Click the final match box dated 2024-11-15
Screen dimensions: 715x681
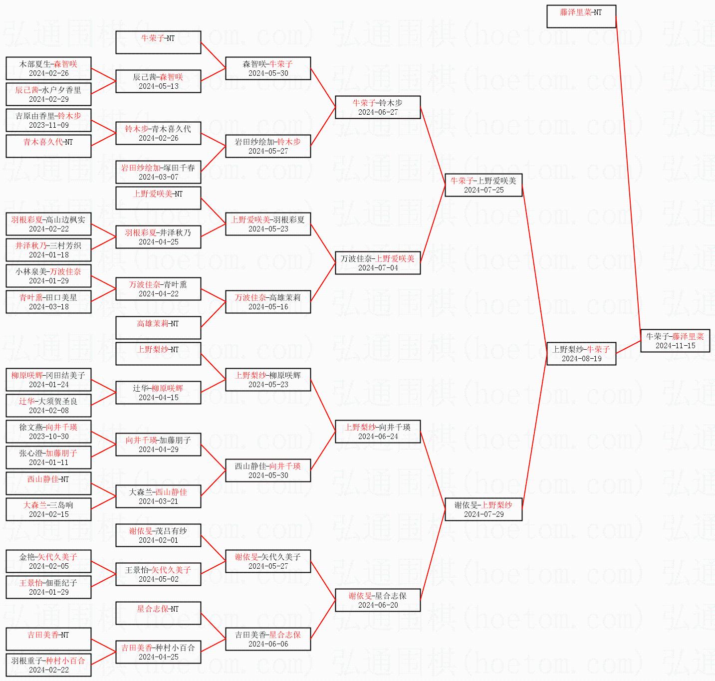tap(675, 341)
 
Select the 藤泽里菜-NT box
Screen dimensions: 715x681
tap(581, 16)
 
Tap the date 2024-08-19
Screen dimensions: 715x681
tap(581, 359)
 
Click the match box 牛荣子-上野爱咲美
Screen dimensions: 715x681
tap(483, 185)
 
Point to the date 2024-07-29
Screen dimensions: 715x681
tap(483, 514)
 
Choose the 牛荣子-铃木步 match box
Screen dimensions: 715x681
tap(377, 107)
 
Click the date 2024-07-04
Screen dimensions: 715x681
tap(378, 268)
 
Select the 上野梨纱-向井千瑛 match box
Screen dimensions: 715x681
tap(377, 432)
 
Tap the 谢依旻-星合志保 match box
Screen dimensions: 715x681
tap(377, 600)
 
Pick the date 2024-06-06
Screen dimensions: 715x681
tap(268, 644)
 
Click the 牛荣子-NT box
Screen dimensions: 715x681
tap(158, 42)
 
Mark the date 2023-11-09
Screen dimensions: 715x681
tap(48, 125)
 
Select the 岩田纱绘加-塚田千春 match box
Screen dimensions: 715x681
tap(158, 172)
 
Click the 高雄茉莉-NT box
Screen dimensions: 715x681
tap(158, 328)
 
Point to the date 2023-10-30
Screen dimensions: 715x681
tap(48, 437)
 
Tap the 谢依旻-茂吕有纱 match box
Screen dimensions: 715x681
tap(158, 535)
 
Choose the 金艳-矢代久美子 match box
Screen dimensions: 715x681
tap(48, 561)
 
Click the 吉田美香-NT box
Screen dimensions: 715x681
tap(48, 639)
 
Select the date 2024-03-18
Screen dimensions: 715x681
tap(48, 307)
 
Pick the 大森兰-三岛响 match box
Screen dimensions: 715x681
tap(48, 509)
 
